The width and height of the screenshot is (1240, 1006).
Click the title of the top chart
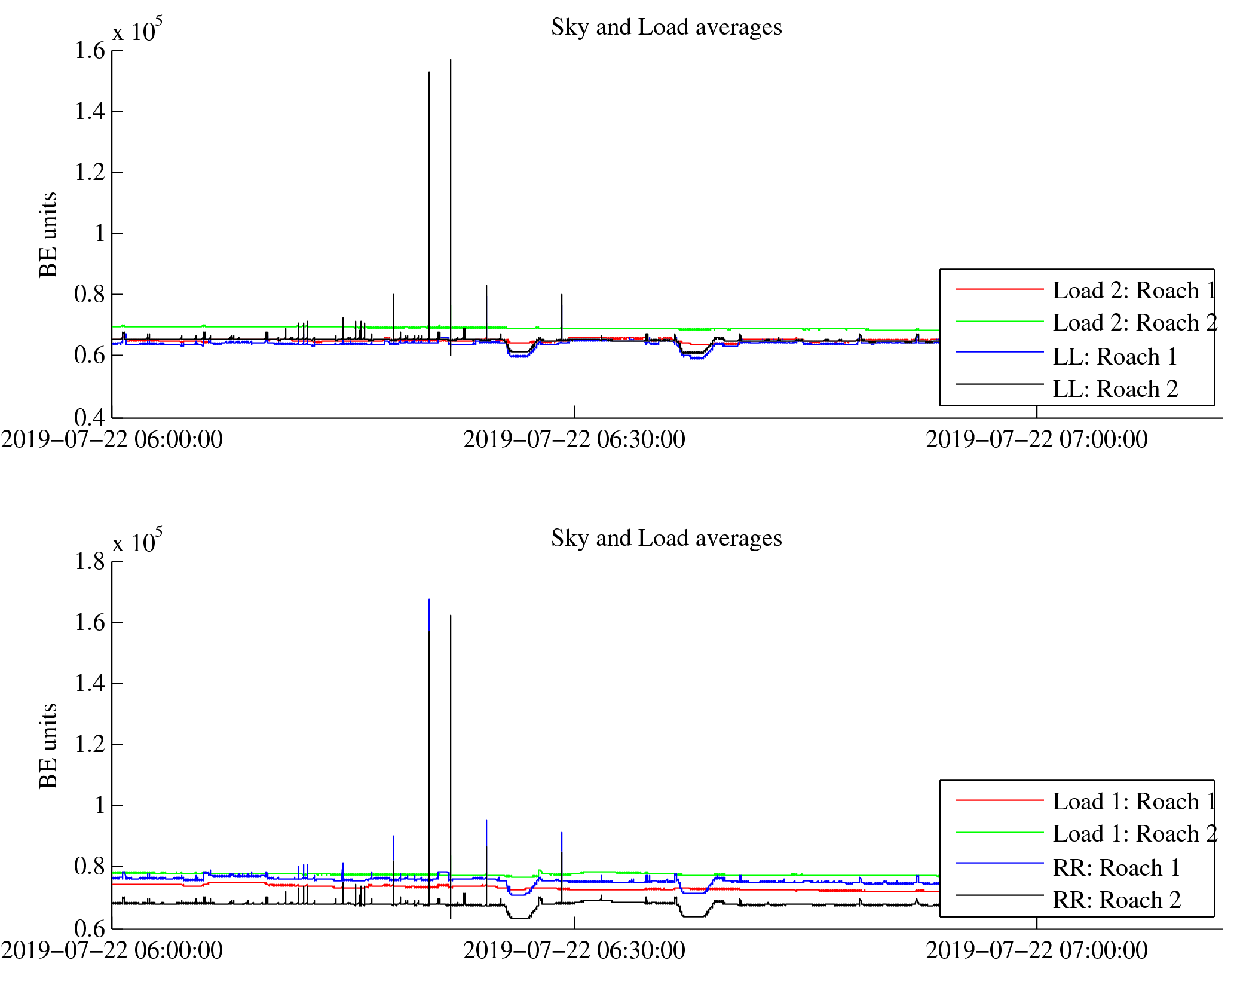coord(666,27)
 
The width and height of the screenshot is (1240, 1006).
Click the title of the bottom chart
coord(666,539)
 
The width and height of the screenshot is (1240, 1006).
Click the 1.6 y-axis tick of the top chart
coord(90,51)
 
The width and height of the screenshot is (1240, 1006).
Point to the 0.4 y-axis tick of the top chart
coord(90,417)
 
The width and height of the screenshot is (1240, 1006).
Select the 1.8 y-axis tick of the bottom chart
coord(90,562)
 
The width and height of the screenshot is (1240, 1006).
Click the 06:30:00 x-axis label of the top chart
coord(574,440)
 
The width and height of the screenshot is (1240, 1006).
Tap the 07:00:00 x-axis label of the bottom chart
coord(1036,951)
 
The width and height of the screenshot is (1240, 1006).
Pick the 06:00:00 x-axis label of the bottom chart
coord(112,951)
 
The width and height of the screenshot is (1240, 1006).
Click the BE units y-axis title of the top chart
coord(48,235)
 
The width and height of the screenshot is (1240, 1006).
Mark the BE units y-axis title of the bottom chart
coord(48,746)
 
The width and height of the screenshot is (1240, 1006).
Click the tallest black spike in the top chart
coord(451,66)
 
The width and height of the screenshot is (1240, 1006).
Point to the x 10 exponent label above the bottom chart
coord(137,542)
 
